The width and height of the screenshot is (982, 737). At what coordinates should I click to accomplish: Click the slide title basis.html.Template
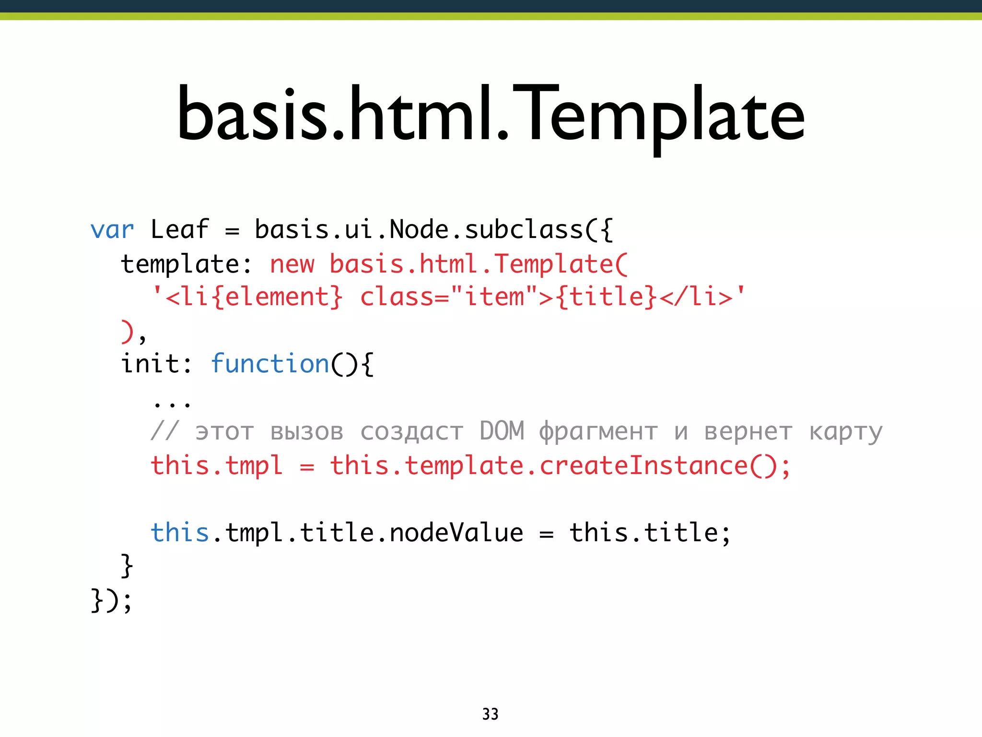[x=491, y=115]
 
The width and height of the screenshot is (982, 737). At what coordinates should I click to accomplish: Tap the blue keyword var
[x=112, y=230]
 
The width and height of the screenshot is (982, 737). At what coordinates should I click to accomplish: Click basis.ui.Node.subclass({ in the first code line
[x=433, y=229]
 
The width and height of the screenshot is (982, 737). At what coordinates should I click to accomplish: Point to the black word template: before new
[x=186, y=264]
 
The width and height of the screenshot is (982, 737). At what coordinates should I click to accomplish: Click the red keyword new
[x=292, y=264]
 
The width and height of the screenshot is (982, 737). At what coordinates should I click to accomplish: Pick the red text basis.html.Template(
[x=478, y=264]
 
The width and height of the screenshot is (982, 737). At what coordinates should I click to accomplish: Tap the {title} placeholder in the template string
[x=606, y=297]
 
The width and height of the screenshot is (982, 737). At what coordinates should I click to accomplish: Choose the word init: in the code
[x=156, y=363]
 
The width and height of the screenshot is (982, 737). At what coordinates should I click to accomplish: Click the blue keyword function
[x=270, y=363]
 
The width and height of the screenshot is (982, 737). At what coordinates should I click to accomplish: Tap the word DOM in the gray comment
[x=502, y=430]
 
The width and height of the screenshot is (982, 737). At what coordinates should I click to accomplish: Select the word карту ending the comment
[x=845, y=432]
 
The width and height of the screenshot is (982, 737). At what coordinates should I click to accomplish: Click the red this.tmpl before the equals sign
[x=216, y=466]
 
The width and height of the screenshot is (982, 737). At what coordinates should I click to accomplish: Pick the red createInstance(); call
[x=665, y=466]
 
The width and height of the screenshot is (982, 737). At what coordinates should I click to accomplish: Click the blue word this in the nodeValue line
[x=179, y=533]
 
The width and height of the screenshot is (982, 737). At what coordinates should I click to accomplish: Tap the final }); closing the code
[x=111, y=600]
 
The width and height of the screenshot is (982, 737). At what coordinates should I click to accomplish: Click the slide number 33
[x=490, y=714]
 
